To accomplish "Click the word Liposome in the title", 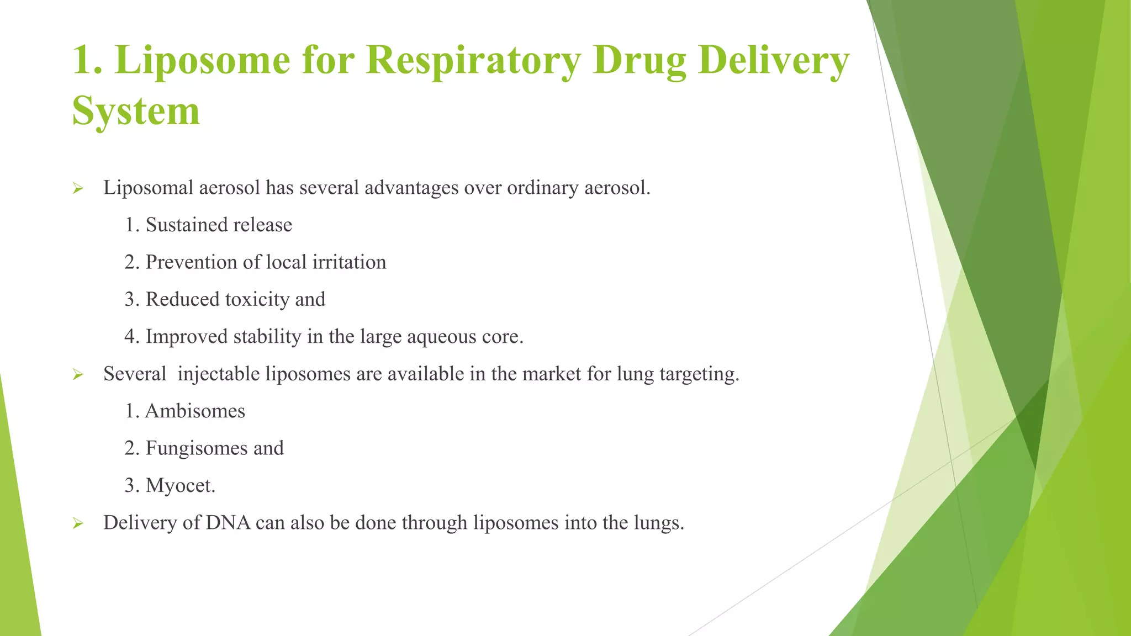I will click(x=203, y=61).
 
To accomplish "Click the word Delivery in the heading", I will click(x=773, y=61).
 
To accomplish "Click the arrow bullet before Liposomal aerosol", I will click(x=78, y=189).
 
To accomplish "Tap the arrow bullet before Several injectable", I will click(x=78, y=375).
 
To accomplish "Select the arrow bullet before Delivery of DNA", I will click(x=78, y=523).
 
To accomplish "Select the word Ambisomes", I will click(x=195, y=411).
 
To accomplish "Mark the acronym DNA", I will click(x=228, y=523).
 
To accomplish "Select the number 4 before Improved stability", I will click(x=130, y=337).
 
